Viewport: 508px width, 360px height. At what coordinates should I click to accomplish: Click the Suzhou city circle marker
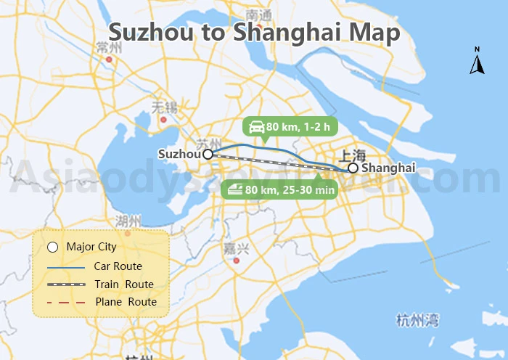208,154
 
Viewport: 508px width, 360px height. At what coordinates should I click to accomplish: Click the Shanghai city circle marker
353,168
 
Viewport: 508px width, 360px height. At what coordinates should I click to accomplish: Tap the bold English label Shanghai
388,168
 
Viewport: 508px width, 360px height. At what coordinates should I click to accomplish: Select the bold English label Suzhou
179,154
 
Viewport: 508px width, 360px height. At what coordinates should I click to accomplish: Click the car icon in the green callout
256,128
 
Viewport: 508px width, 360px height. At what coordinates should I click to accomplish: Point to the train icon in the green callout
234,189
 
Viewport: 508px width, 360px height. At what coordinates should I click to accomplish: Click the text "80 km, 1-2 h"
298,128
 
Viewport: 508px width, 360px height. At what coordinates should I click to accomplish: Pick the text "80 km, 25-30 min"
290,189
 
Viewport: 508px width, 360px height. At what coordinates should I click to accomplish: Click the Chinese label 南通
258,15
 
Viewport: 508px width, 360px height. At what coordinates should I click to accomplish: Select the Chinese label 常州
108,48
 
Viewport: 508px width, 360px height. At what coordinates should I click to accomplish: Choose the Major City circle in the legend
52,247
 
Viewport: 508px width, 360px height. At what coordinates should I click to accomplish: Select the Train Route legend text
124,285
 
